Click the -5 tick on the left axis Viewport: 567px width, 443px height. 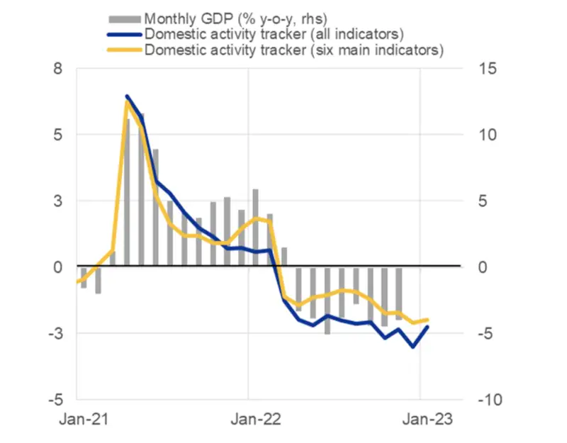55,400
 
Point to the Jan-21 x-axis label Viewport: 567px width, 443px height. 77,420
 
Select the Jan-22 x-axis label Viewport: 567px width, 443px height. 249,420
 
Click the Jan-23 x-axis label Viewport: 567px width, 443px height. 421,420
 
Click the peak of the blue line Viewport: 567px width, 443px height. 127,96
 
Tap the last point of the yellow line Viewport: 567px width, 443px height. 427,320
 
